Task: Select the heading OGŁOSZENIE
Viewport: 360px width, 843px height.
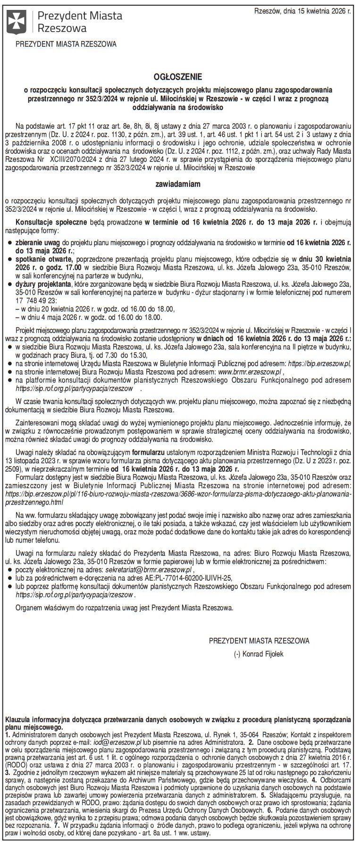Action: click(179, 76)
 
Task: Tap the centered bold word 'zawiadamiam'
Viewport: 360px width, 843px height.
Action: click(179, 183)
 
